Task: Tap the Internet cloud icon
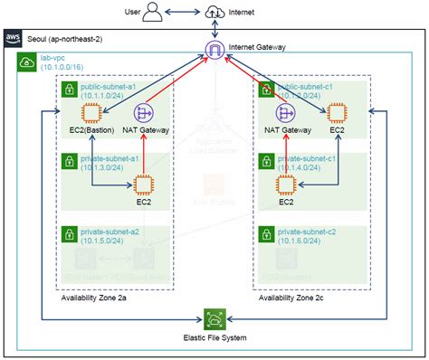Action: [214, 12]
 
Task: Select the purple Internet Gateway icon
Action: [214, 50]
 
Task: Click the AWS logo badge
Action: [13, 37]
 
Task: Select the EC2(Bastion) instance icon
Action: [91, 113]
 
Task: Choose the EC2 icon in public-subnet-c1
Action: [338, 113]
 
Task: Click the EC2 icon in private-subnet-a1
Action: [143, 185]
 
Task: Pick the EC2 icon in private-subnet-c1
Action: [287, 185]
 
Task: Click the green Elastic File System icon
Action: [214, 318]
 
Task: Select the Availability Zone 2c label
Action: [295, 298]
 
